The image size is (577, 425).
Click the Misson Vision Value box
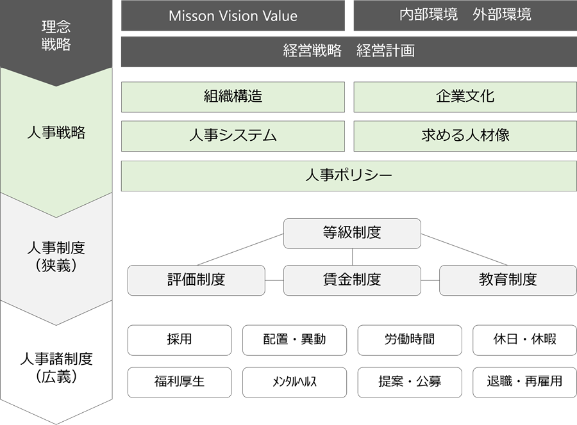coord(233,16)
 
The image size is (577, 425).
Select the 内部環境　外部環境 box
coord(465,15)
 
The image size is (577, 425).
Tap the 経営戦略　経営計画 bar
coord(349,51)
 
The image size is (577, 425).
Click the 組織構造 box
coord(233,97)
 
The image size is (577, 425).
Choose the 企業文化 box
coord(465,97)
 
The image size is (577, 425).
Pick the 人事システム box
coord(233,136)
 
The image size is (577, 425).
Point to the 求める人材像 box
coord(465,136)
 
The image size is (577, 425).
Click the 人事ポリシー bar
coord(349,175)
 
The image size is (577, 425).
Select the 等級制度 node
coord(352,233)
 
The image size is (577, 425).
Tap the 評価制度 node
coord(196,280)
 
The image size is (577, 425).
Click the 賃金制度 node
coord(352,280)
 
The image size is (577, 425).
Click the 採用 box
coord(180,340)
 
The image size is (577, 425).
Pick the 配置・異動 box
coord(294,340)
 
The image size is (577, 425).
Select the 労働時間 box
coord(410,340)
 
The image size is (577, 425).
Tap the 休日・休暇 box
coord(524,340)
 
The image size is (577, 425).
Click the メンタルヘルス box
coord(294,382)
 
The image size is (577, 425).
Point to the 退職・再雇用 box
coord(524,382)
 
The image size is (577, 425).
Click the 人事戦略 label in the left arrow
coord(56,134)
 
